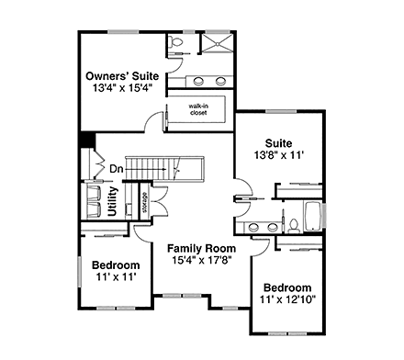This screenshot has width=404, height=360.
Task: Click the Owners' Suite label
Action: point(121,75)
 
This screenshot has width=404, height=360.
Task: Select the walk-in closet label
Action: point(197,109)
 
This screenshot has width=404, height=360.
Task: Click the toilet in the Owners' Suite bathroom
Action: point(176,43)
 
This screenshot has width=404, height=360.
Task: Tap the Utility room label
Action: point(111,201)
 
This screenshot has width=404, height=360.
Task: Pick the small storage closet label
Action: point(144,202)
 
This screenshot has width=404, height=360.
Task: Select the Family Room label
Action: point(201,248)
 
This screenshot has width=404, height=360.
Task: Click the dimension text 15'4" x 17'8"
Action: point(201,261)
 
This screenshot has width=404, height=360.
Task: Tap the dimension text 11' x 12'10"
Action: point(288,299)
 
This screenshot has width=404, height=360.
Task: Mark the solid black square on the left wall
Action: point(86,141)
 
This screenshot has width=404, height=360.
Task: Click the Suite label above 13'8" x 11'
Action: point(279,143)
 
